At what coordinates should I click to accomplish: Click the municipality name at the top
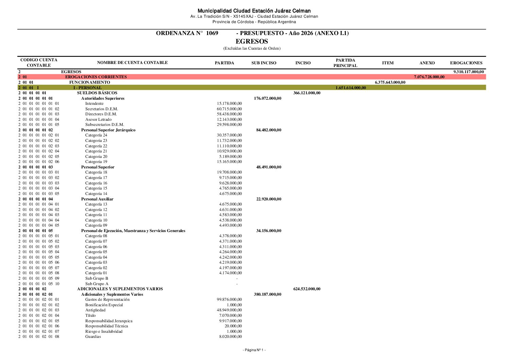(254, 11)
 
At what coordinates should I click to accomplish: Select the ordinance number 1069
(212, 33)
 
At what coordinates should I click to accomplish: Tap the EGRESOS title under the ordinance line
(252, 42)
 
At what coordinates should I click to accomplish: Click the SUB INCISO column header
(264, 63)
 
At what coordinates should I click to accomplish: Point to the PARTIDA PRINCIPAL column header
(345, 63)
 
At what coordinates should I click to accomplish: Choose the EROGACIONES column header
(466, 63)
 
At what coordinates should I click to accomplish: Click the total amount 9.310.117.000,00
(469, 72)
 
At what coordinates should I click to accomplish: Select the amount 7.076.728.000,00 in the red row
(429, 77)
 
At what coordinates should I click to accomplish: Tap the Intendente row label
(94, 103)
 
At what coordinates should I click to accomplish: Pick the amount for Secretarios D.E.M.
(230, 109)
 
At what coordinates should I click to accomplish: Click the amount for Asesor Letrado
(230, 119)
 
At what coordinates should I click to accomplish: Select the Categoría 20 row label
(96, 157)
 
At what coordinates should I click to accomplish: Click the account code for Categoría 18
(39, 172)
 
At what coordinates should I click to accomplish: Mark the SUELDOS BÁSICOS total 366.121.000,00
(307, 93)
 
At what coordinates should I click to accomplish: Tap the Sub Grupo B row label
(97, 278)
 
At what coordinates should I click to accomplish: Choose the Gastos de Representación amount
(230, 299)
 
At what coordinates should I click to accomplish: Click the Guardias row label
(93, 337)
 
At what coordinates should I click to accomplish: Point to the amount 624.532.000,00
(307, 289)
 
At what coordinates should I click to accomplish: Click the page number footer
(254, 350)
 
